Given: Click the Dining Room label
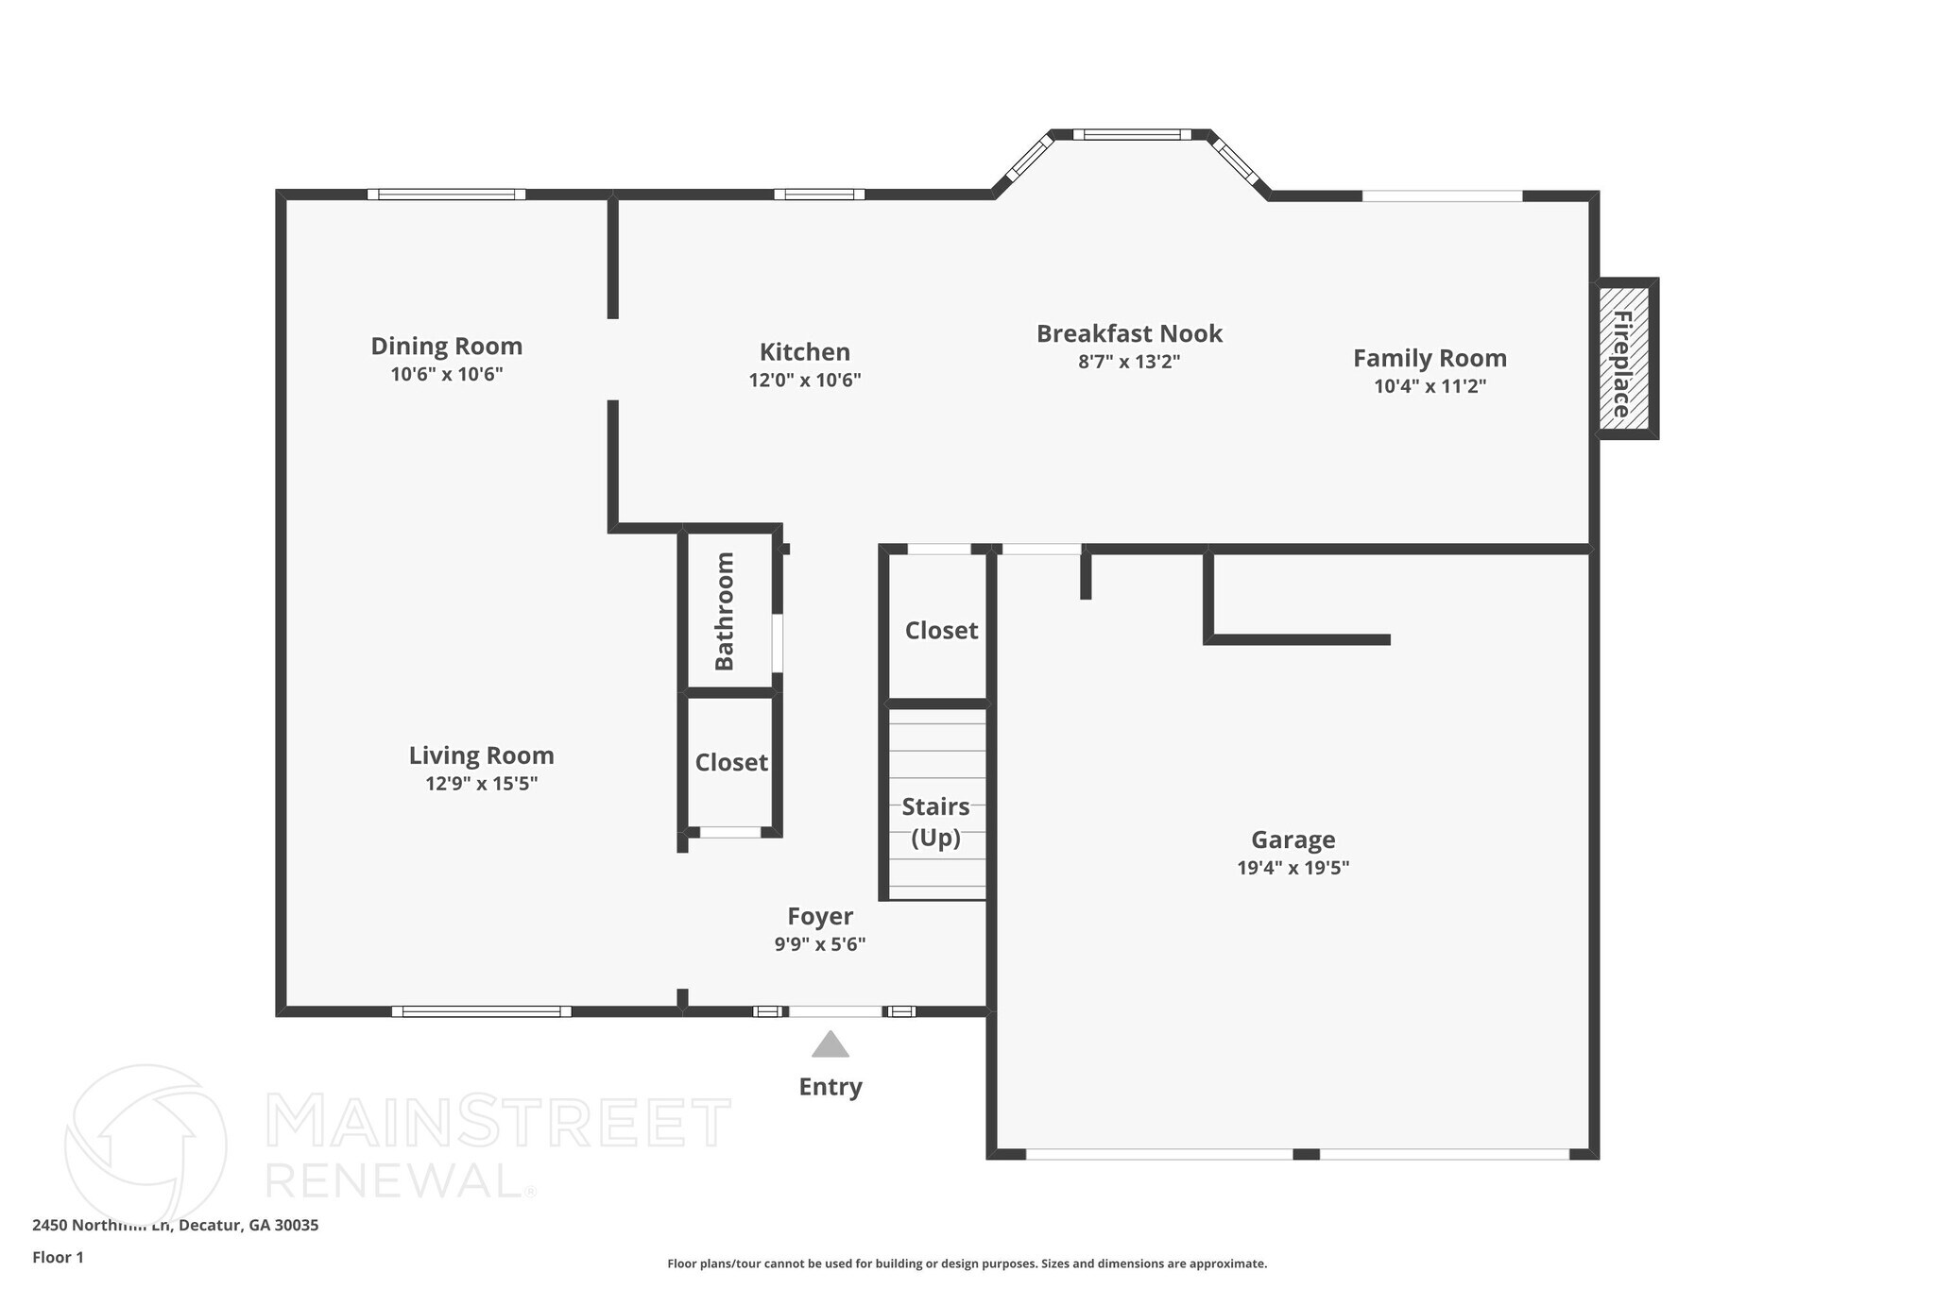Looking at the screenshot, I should (x=446, y=347).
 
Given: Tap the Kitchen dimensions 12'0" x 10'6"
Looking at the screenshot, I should (x=805, y=380).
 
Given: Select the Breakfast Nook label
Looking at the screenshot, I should (x=1129, y=333).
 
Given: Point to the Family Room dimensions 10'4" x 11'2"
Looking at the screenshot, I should (x=1430, y=385).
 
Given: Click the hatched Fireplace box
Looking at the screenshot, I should (x=1624, y=359).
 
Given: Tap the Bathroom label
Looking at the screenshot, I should (x=725, y=611).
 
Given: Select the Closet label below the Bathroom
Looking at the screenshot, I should (x=731, y=762).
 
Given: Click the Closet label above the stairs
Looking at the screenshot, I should (x=941, y=630).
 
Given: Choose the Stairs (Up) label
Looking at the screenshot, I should (x=935, y=822).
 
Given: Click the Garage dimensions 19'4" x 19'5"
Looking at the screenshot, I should (x=1293, y=867).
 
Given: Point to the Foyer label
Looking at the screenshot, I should (x=820, y=916).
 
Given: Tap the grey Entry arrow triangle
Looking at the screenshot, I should (x=831, y=1045).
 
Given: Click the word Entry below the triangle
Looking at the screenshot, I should (x=831, y=1086).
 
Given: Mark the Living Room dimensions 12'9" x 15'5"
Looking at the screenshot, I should (x=481, y=783).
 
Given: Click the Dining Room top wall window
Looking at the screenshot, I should (x=446, y=195).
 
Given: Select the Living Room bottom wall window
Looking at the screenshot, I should (x=482, y=1011).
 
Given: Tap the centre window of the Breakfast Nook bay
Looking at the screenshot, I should (x=1132, y=135).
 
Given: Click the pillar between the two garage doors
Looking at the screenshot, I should (x=1306, y=1154).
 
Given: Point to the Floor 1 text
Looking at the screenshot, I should (x=58, y=1257).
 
